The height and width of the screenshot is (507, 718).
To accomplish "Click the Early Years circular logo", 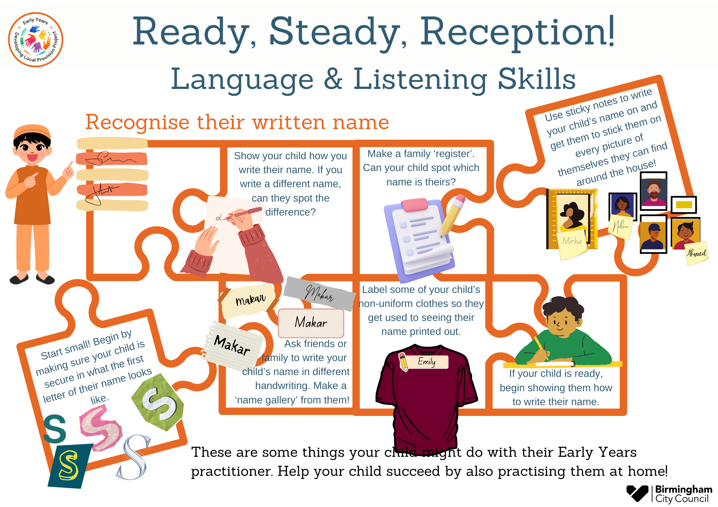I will coord(36,40).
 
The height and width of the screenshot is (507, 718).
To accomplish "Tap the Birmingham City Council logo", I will coord(669,494).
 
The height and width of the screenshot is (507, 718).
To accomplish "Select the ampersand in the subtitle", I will coord(334,79).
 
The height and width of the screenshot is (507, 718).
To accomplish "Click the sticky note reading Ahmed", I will coord(696,253).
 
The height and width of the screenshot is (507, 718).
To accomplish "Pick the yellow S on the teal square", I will coord(69,466).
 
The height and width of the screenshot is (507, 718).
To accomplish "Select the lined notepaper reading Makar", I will coord(233,346).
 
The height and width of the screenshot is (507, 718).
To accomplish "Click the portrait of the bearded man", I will coord(654,192).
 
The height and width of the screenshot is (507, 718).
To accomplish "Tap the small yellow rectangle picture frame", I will coord(684,205).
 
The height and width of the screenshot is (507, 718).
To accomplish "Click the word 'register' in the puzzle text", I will coord(454,154).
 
